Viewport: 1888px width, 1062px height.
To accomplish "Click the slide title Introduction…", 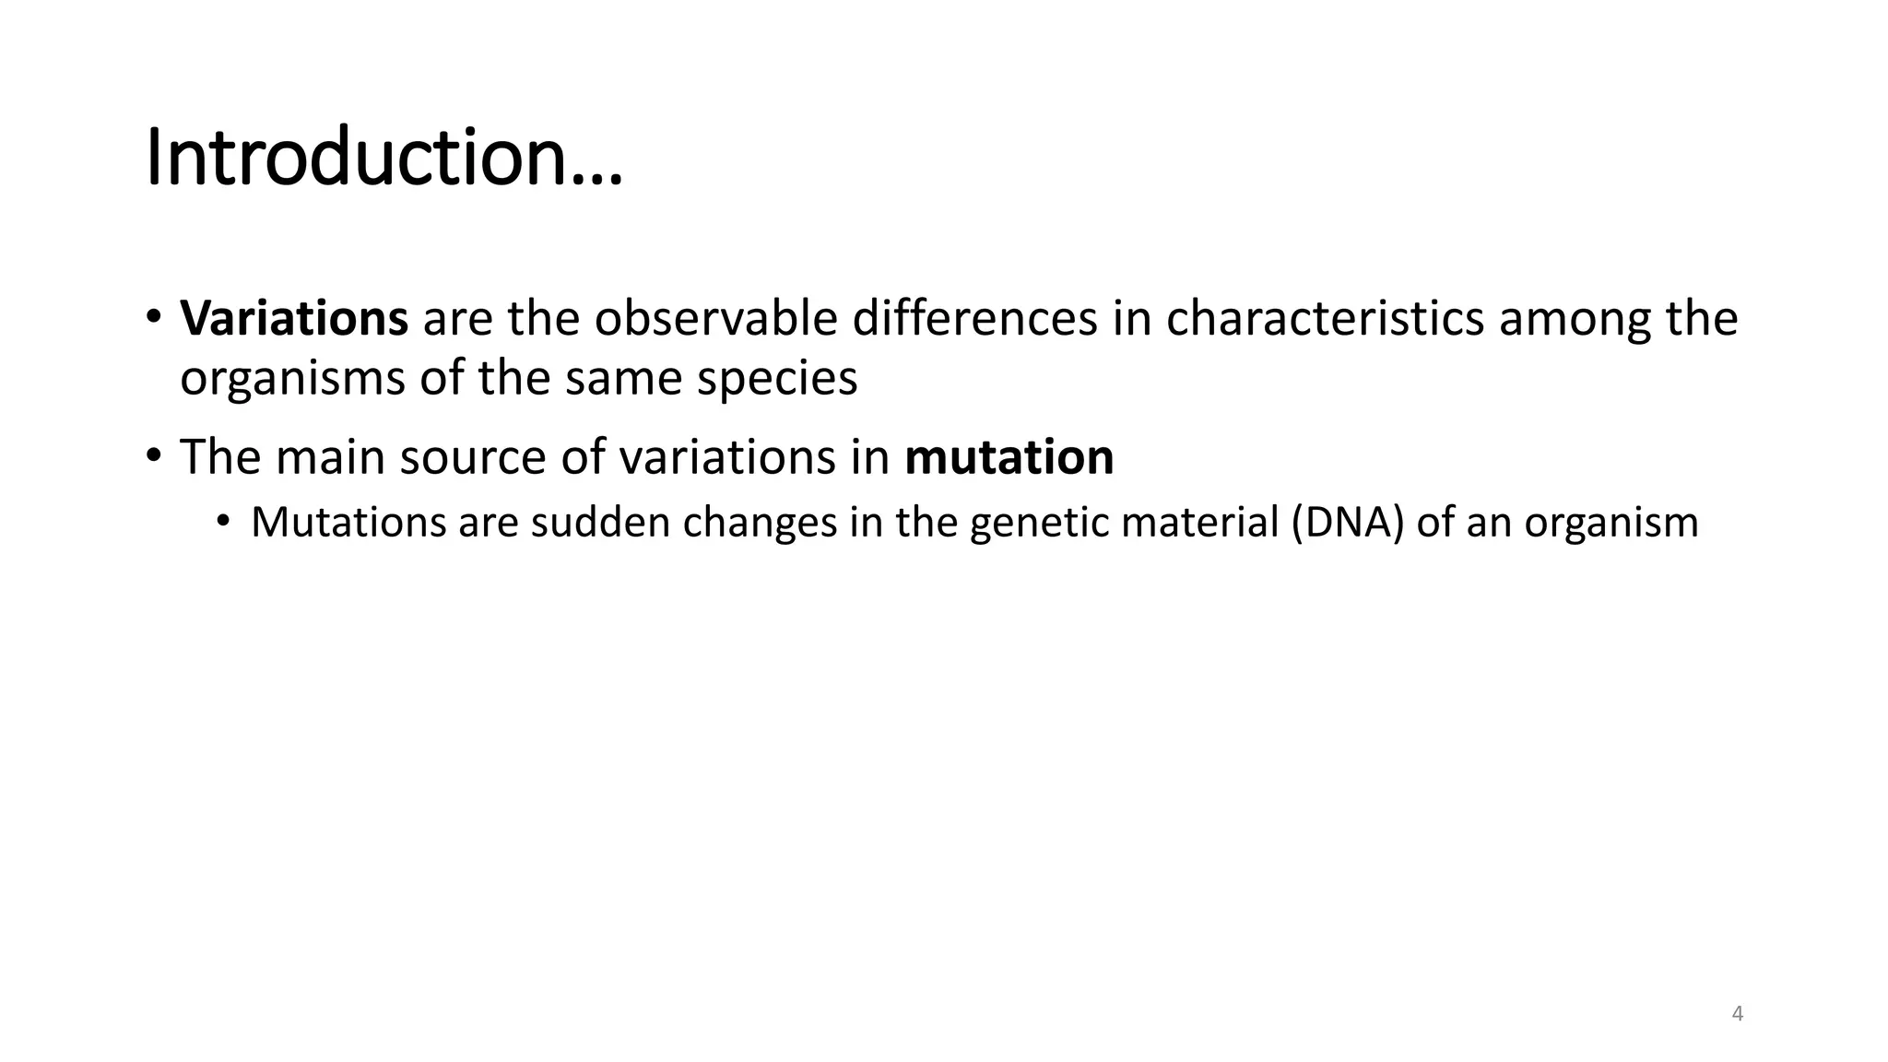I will [383, 159].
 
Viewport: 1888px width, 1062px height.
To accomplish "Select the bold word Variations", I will [294, 319].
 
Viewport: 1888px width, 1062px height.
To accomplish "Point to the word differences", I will [974, 319].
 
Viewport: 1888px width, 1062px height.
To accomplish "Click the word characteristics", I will [1325, 319].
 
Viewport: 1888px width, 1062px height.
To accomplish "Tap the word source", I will [472, 457].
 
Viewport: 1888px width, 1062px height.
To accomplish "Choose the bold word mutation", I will [1009, 457].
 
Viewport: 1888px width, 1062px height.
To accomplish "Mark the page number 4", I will [1738, 1014].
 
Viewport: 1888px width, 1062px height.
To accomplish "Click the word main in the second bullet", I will [330, 457].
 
